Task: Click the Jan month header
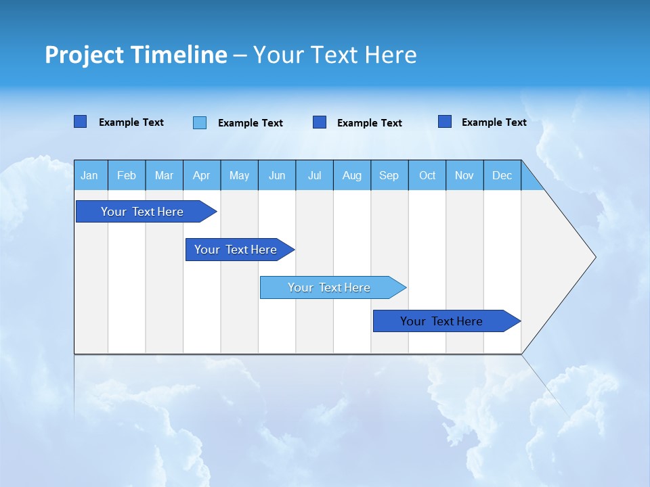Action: tap(90, 175)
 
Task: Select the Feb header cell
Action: tap(127, 175)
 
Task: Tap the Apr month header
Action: tap(202, 175)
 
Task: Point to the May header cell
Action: tap(239, 175)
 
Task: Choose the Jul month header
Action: tap(314, 175)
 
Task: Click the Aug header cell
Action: tap(352, 175)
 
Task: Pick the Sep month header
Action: tap(389, 175)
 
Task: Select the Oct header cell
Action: tap(427, 175)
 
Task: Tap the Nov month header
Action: tap(464, 175)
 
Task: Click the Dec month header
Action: tap(502, 175)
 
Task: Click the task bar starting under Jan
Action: tap(142, 212)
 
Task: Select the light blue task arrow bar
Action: tap(330, 287)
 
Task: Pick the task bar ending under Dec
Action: tap(442, 321)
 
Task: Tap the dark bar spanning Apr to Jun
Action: tap(236, 250)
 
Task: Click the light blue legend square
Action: tap(200, 122)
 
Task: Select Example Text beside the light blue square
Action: tap(251, 123)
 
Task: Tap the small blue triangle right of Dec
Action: tap(530, 181)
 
